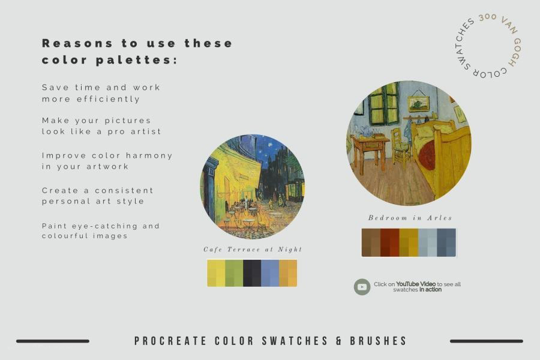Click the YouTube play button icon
362,287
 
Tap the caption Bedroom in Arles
410,218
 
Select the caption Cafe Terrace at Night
253,249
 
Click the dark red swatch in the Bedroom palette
390,242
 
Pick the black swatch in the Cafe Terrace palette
252,273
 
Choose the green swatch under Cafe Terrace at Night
234,273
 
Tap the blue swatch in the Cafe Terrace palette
270,273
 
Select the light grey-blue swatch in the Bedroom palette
428,242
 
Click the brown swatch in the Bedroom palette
371,242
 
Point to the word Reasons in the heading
77,43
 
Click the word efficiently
108,99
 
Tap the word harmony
149,156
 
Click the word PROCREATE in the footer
170,341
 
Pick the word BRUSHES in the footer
379,341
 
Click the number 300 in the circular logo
488,17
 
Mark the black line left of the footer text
53,341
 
